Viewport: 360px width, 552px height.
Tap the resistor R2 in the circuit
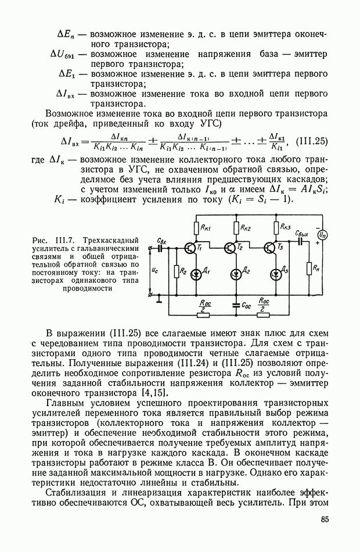(x=175, y=271)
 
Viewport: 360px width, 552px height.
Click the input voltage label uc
(x=153, y=271)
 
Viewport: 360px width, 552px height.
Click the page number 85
(x=324, y=519)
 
